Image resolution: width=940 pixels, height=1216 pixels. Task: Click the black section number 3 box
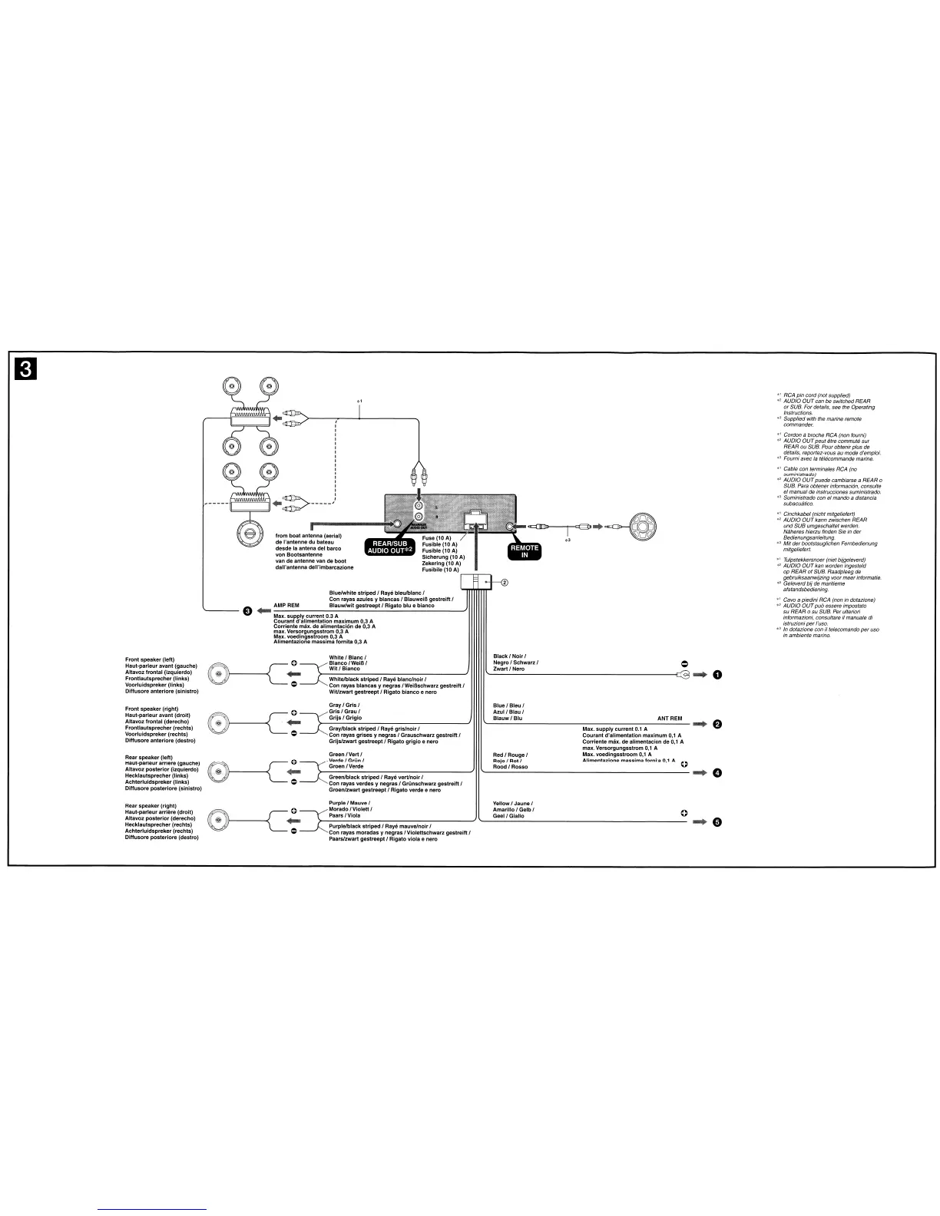pos(25,369)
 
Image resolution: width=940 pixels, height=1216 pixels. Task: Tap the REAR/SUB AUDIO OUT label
pos(389,547)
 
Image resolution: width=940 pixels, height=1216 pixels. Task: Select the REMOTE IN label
pos(525,551)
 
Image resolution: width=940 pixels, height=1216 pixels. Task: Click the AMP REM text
pos(286,606)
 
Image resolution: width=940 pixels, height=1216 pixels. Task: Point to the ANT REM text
pos(670,719)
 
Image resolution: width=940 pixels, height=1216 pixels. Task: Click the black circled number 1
pos(717,675)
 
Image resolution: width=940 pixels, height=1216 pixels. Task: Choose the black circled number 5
pos(717,822)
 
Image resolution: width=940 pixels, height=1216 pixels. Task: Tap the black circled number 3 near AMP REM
pos(247,611)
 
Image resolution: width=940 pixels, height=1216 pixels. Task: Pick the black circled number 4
pos(717,773)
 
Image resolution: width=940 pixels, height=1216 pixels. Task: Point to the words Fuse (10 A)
pos(437,538)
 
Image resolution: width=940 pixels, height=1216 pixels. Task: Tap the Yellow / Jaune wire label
pos(512,804)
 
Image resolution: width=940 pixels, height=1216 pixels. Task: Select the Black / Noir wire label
pos(509,656)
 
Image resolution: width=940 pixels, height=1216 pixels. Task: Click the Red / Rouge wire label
pos(510,755)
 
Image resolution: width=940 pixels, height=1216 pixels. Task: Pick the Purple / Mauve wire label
pos(349,803)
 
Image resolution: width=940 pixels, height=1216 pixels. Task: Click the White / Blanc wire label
pos(347,657)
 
